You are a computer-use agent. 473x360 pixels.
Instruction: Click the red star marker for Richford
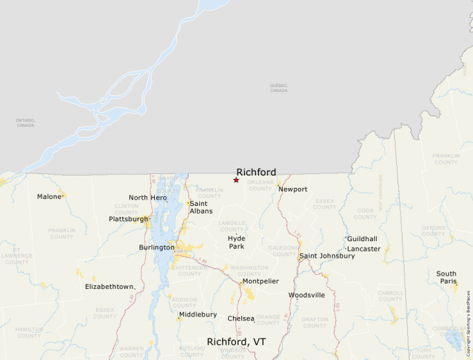(236, 180)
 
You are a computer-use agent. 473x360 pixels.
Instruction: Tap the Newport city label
(293, 189)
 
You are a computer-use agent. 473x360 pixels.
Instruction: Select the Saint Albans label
(198, 207)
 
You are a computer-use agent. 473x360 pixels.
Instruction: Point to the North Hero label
(148, 198)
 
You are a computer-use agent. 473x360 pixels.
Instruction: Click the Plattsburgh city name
(129, 219)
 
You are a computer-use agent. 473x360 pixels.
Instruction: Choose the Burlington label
(156, 247)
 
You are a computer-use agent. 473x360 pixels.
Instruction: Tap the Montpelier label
(261, 281)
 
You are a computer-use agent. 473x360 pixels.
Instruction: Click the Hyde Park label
(236, 243)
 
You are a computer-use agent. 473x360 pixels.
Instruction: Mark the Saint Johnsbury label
(327, 256)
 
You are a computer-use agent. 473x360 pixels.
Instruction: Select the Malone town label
(49, 197)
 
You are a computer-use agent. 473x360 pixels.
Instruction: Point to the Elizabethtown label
(109, 286)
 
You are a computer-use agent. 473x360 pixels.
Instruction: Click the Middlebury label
(198, 314)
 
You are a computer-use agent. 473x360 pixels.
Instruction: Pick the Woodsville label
(306, 295)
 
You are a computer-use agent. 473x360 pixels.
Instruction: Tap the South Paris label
(446, 278)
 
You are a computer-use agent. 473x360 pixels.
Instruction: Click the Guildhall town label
(362, 238)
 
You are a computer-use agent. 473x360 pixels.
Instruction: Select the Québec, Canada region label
(279, 88)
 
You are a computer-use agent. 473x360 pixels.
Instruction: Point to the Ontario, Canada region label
(25, 123)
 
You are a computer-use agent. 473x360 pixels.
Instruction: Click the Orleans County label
(260, 185)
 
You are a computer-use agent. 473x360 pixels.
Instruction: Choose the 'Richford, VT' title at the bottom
(236, 341)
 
